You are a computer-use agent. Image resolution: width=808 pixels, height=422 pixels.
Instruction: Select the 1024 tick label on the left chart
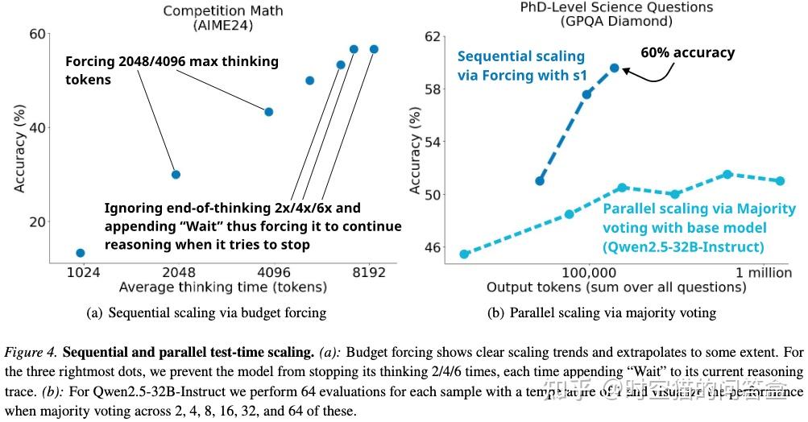pyautogui.click(x=82, y=272)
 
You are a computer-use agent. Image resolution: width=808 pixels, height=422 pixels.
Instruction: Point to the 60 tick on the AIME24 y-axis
pyautogui.click(x=37, y=34)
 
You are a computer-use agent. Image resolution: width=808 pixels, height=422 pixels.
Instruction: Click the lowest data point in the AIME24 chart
pyautogui.click(x=81, y=253)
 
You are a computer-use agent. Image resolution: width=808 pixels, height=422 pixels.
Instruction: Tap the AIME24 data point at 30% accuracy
pyautogui.click(x=176, y=174)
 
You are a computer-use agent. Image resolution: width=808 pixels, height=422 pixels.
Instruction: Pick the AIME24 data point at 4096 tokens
pyautogui.click(x=269, y=112)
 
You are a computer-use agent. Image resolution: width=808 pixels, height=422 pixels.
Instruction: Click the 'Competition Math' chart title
pyautogui.click(x=218, y=10)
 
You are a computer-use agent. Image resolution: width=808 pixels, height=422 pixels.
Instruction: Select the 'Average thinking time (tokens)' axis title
pyautogui.click(x=222, y=287)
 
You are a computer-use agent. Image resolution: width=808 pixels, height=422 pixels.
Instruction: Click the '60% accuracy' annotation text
pyautogui.click(x=687, y=53)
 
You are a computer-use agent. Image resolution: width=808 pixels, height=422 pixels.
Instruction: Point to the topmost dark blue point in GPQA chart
pyautogui.click(x=614, y=68)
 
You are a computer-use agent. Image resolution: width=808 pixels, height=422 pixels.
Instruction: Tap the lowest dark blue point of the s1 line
pyautogui.click(x=540, y=180)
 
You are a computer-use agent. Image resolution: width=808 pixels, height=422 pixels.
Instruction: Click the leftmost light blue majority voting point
pyautogui.click(x=465, y=254)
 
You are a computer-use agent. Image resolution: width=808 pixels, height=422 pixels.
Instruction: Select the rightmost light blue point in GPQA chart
pyautogui.click(x=780, y=181)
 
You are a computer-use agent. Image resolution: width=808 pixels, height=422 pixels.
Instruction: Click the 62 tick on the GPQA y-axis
pyautogui.click(x=433, y=36)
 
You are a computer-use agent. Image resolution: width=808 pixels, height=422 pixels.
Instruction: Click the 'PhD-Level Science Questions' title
pyautogui.click(x=605, y=7)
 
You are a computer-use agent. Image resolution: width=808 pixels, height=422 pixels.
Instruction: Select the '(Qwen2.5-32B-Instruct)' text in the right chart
pyautogui.click(x=682, y=247)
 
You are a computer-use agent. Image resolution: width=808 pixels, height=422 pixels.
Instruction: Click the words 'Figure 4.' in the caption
pyautogui.click(x=30, y=352)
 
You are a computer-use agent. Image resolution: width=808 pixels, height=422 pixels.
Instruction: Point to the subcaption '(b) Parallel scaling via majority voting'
pyautogui.click(x=602, y=312)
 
